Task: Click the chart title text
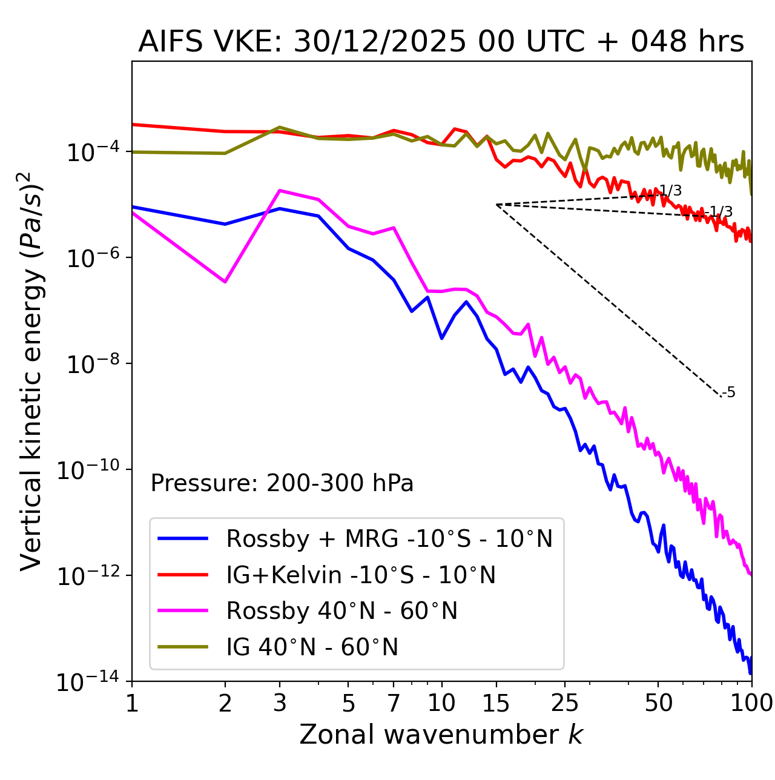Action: point(441,42)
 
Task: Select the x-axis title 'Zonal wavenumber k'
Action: point(441,735)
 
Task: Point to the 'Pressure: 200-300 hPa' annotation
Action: point(282,483)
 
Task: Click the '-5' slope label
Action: point(730,393)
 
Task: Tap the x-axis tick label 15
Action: point(496,703)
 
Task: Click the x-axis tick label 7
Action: point(394,703)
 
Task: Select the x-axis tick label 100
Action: point(751,703)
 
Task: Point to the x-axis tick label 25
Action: point(565,703)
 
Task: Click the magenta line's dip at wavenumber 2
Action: point(225,282)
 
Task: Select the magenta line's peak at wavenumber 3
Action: point(280,190)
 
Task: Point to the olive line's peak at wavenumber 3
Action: point(280,127)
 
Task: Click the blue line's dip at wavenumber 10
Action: point(442,338)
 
